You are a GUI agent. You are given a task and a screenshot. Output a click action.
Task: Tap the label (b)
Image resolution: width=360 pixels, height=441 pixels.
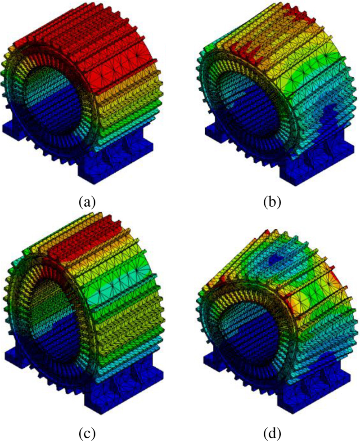click(x=272, y=202)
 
